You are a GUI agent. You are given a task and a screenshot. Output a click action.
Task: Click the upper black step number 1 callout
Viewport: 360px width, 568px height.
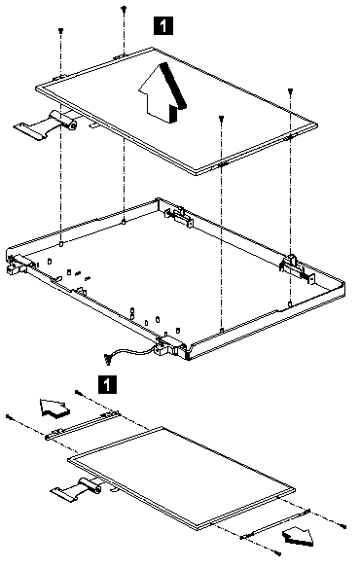coord(163,25)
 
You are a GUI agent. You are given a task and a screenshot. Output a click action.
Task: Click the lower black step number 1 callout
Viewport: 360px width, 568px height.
coord(107,384)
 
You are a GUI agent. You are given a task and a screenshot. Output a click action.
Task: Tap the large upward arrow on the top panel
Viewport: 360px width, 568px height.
coord(162,92)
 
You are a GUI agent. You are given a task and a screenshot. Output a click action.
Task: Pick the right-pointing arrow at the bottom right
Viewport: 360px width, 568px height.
coord(299,535)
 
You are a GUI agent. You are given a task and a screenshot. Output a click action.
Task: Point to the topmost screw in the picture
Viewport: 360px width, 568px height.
coord(124,8)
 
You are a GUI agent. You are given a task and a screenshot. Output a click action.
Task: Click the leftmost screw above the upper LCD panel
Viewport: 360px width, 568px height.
coord(61,31)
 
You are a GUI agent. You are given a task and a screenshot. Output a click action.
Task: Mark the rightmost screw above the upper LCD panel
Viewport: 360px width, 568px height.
coord(290,90)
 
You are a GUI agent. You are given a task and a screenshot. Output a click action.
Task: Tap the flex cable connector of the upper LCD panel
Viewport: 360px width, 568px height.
coord(47,124)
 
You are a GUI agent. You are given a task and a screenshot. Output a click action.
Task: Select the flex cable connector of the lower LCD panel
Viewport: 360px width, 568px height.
coord(76,490)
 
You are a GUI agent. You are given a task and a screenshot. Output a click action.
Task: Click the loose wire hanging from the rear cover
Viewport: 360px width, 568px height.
coord(126,353)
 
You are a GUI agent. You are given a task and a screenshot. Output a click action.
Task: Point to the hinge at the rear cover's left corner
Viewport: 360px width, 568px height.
coord(17,265)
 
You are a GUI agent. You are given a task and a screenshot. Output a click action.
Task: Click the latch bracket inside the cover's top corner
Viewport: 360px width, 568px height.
coord(178,216)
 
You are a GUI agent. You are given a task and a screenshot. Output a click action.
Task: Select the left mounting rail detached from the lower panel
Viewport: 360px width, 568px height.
coord(83,425)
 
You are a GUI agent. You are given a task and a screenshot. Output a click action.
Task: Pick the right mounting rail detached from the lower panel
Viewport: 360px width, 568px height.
coord(276,523)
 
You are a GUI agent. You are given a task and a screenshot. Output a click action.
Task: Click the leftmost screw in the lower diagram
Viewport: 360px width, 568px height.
coord(10,417)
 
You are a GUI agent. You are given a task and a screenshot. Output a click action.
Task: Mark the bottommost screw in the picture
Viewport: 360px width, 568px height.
coord(277,552)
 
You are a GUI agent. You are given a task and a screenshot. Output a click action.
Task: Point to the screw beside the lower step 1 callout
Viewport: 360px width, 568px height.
coord(78,392)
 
